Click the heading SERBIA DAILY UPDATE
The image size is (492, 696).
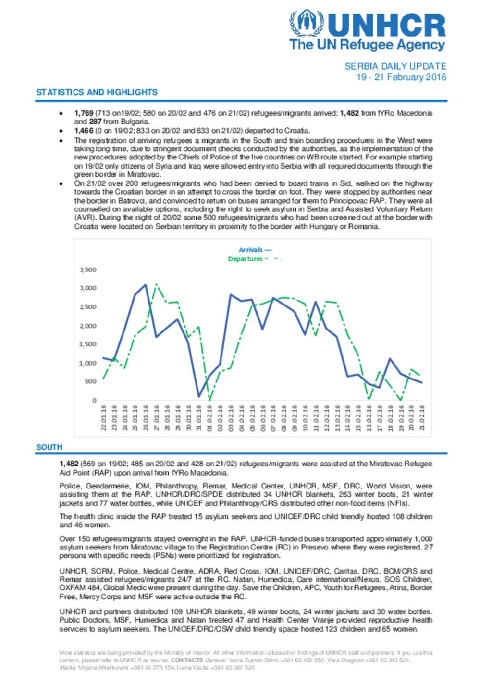[395, 66]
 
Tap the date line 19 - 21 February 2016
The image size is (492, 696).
[401, 77]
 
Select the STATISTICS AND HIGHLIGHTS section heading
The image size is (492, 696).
[97, 92]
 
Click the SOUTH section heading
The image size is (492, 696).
[49, 447]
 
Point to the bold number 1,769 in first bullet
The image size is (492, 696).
[84, 113]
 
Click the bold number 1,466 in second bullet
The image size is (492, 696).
[84, 131]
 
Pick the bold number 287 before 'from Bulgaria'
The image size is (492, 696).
[95, 122]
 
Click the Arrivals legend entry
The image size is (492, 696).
[255, 250]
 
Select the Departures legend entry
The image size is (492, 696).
[254, 259]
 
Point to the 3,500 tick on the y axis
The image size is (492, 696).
[88, 270]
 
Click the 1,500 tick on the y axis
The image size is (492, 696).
[88, 344]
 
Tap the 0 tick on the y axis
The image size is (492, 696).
[94, 400]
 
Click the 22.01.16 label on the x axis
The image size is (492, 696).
[103, 417]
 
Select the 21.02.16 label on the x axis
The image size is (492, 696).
[422, 417]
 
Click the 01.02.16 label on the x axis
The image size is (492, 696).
[209, 417]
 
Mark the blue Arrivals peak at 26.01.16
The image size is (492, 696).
[146, 285]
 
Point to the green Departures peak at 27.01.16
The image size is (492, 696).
[156, 285]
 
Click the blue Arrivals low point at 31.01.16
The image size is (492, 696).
[199, 396]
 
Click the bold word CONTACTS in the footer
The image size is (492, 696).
[187, 660]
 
